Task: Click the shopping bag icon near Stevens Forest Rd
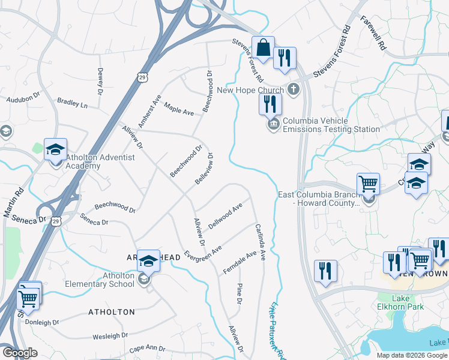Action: pyautogui.click(x=263, y=47)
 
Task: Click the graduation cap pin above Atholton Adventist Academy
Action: pyautogui.click(x=55, y=149)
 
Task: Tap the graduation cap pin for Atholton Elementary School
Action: pyautogui.click(x=148, y=261)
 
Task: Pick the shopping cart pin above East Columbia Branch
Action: pyautogui.click(x=367, y=184)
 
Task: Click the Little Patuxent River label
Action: pyautogui.click(x=277, y=329)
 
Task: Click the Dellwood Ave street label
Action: pyautogui.click(x=225, y=216)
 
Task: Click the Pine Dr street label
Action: pyautogui.click(x=238, y=293)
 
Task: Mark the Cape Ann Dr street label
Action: pyautogui.click(x=147, y=348)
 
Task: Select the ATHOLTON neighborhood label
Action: pyautogui.click(x=112, y=312)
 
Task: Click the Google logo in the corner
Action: pyautogui.click(x=20, y=353)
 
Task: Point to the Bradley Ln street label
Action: pyautogui.click(x=72, y=103)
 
